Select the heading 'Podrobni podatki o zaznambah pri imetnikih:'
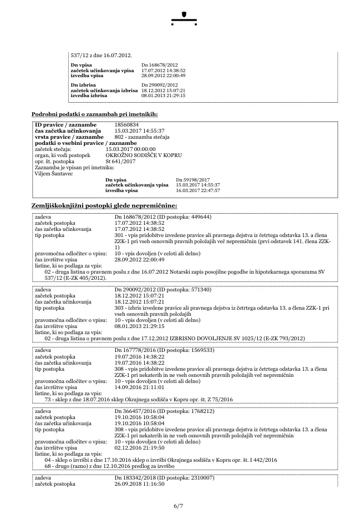tap(94, 114)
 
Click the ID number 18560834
tap(126, 125)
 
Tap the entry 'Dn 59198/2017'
tap(192, 180)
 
